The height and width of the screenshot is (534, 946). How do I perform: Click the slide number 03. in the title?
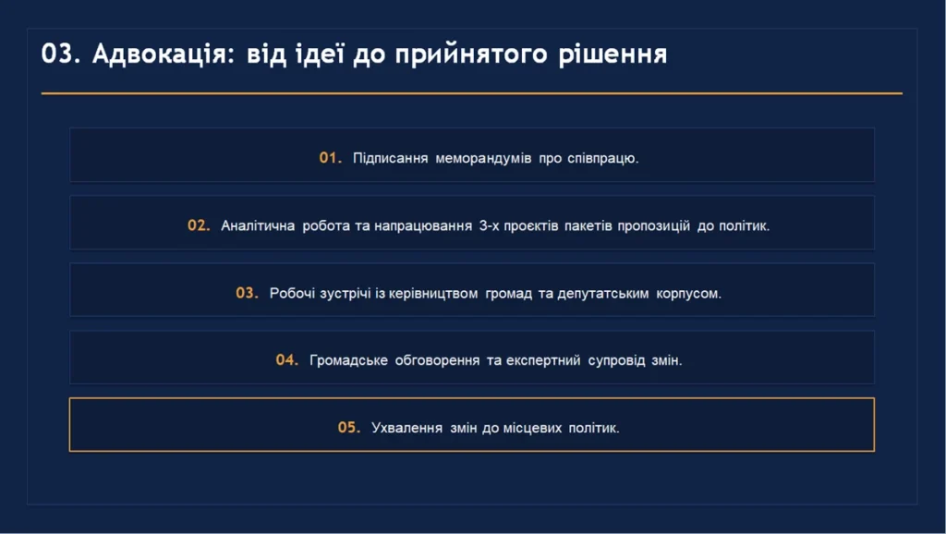pos(61,54)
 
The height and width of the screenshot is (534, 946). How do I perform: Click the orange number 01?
pos(331,157)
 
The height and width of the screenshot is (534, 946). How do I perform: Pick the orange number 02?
pos(200,225)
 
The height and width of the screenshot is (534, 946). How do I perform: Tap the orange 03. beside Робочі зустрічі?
pos(248,293)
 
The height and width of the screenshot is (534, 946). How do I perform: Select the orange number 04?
pos(287,359)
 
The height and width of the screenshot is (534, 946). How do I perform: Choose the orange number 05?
pos(349,427)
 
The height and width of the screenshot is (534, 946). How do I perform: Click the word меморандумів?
pos(483,158)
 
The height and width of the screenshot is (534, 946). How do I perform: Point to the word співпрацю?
pos(602,159)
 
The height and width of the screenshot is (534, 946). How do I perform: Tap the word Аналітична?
pos(258,225)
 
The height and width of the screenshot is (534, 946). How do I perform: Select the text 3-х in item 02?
pos(489,225)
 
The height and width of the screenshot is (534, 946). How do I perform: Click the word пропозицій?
pos(654,226)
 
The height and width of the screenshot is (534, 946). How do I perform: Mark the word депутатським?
pos(602,294)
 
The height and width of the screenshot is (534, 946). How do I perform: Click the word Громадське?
pos(348,361)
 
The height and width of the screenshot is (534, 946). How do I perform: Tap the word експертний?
pos(543,361)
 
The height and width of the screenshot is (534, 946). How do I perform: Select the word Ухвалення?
pos(406,429)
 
